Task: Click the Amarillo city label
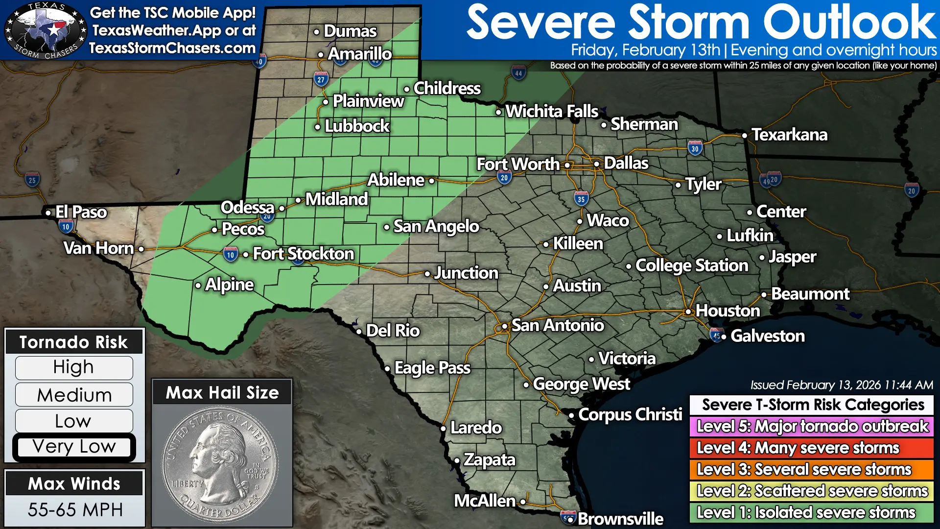tap(359, 54)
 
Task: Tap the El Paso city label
tap(81, 212)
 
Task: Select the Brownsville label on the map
tap(620, 519)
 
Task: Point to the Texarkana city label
tap(789, 135)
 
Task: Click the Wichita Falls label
tap(551, 112)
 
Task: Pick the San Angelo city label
tap(436, 226)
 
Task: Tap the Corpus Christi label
tap(630, 415)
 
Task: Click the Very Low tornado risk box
tap(74, 447)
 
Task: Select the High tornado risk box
tap(74, 367)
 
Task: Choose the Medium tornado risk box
tap(74, 395)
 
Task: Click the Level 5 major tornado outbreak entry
tap(812, 426)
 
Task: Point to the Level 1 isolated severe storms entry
tap(812, 512)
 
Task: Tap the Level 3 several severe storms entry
tap(812, 469)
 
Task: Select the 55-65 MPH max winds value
tap(75, 510)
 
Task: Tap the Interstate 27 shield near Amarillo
tap(321, 79)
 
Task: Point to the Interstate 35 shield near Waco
tap(581, 199)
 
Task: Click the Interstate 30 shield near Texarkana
tap(695, 148)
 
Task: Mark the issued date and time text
tap(842, 385)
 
